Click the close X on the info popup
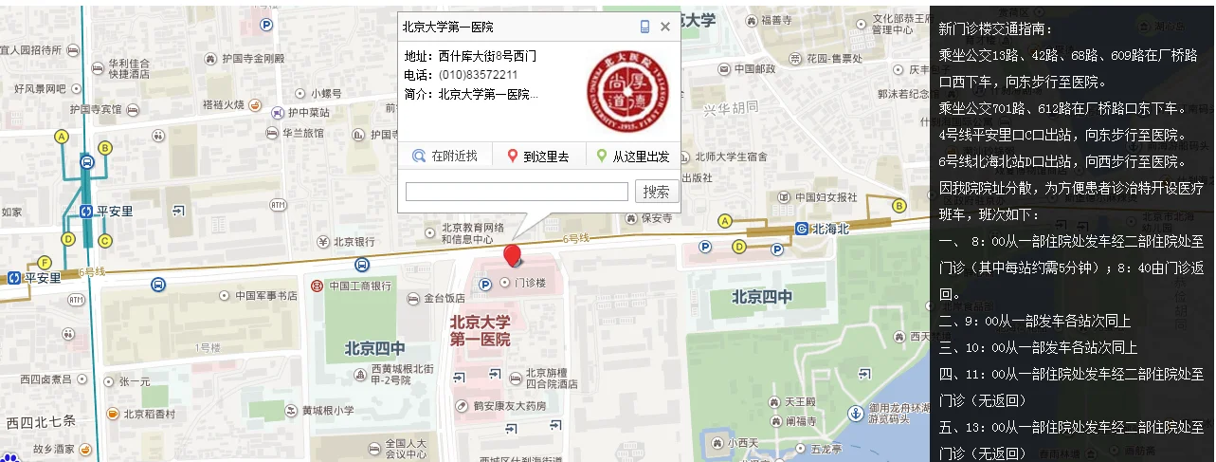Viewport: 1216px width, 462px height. tap(665, 27)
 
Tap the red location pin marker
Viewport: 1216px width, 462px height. tap(513, 255)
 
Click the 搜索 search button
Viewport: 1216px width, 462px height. tap(657, 192)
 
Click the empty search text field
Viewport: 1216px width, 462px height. tap(517, 192)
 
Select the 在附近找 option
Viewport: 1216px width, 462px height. tap(445, 157)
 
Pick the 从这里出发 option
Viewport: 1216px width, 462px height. tap(632, 157)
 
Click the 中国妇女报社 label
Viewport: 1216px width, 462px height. tap(825, 197)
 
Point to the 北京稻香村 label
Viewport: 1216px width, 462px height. tap(149, 414)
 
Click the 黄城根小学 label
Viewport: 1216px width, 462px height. tap(327, 411)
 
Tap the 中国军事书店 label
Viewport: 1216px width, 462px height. tap(265, 295)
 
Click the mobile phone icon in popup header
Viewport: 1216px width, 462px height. tap(645, 27)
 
